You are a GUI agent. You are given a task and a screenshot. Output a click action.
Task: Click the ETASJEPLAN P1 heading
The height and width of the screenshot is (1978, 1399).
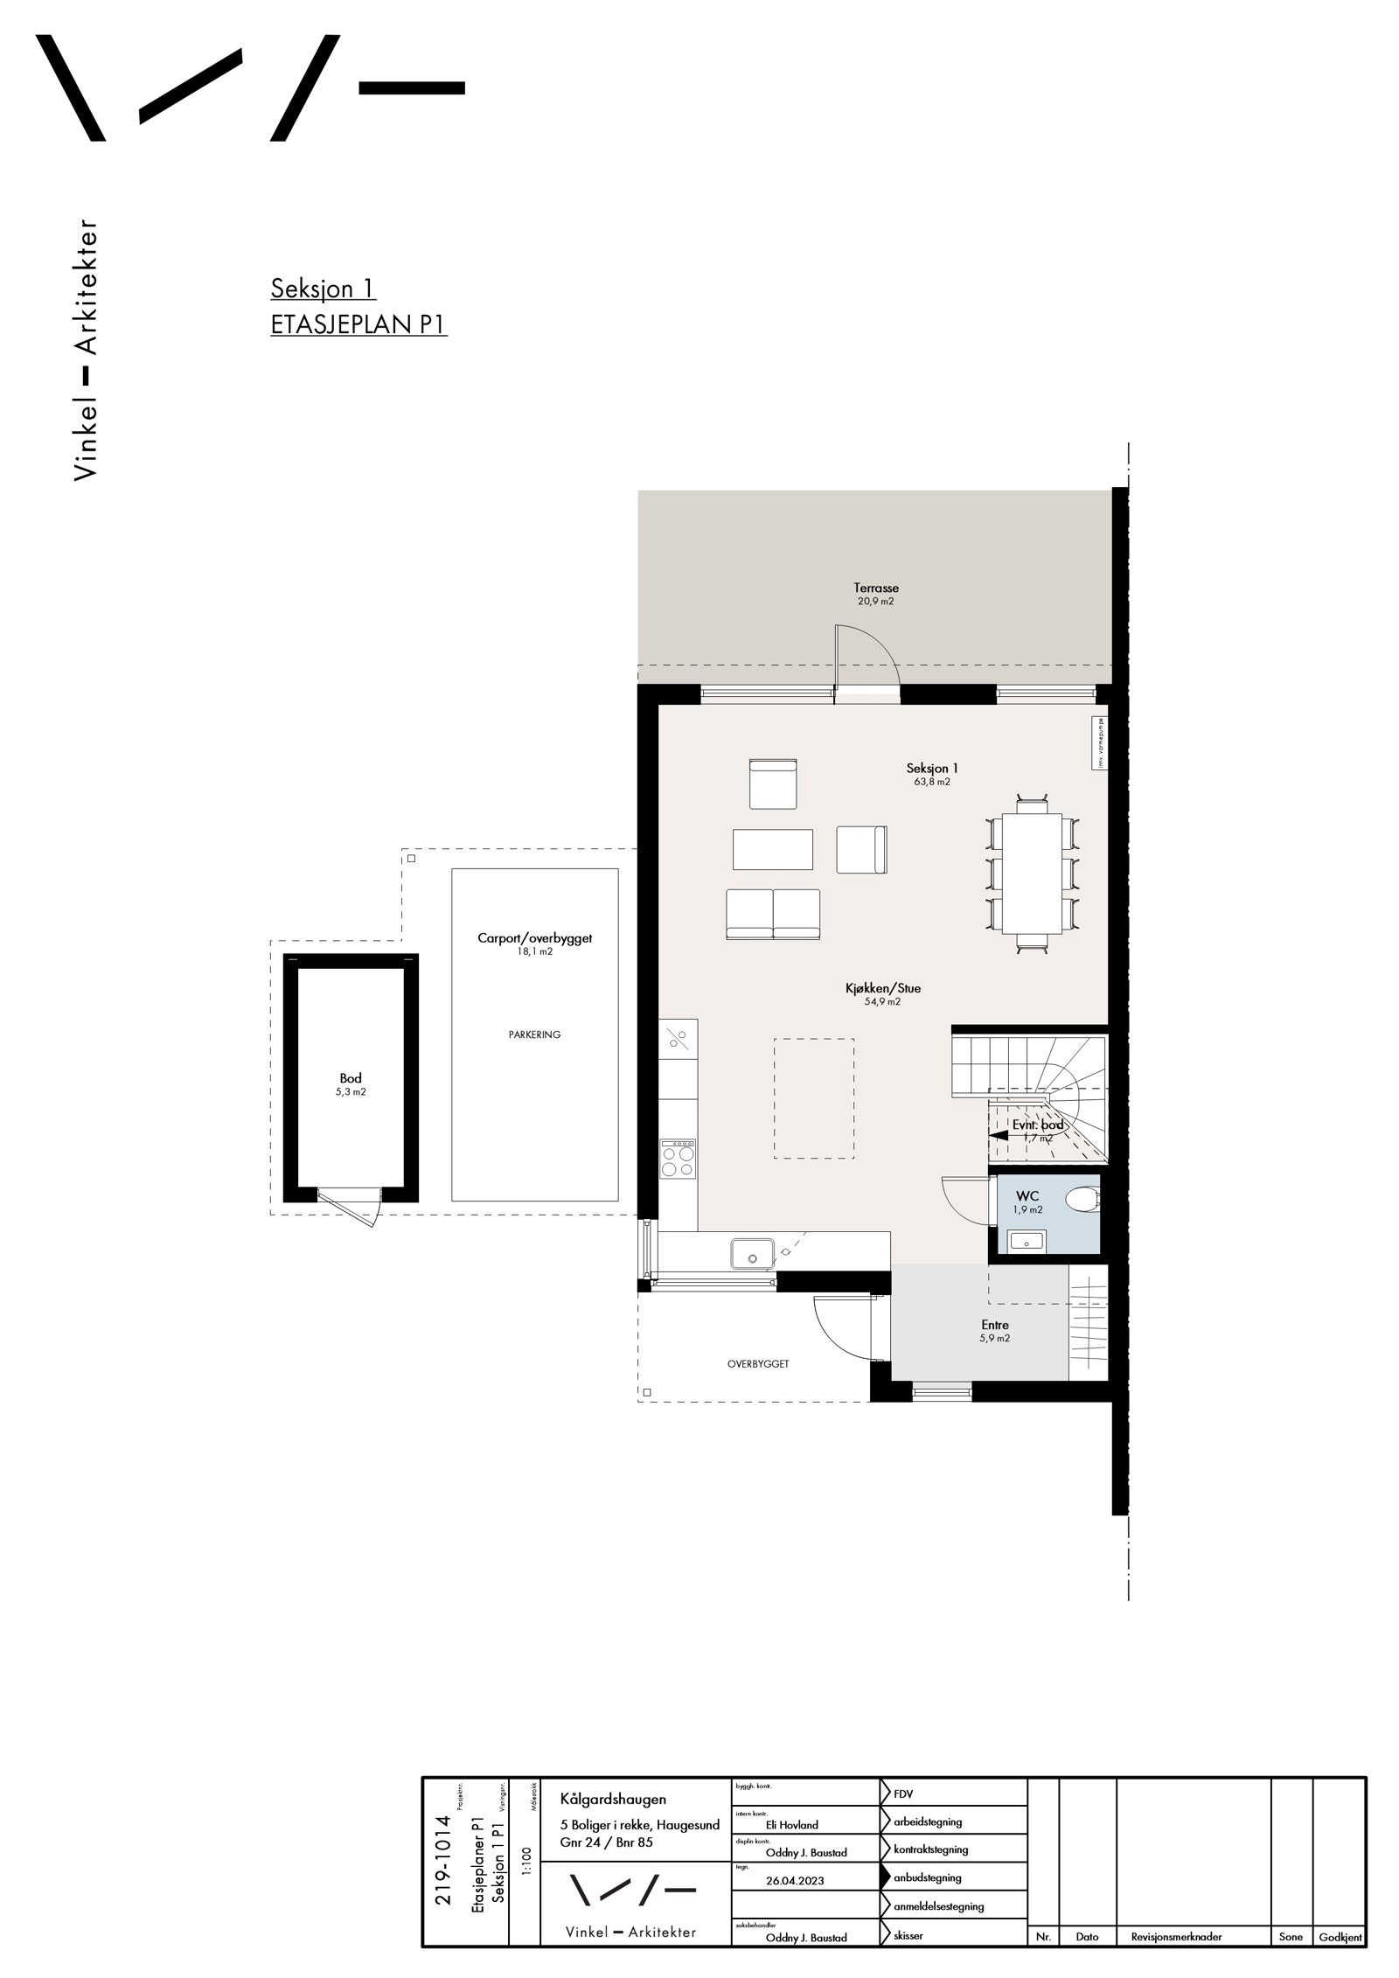[358, 324]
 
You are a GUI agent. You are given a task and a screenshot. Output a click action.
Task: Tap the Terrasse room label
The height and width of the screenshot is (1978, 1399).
[875, 589]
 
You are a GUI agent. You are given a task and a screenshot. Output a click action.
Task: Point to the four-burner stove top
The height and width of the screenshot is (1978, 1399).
[678, 1160]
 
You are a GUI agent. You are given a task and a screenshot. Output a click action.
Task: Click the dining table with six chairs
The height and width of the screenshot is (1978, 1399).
[1032, 873]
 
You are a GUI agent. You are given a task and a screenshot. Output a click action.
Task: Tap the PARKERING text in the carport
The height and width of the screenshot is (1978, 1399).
[534, 1034]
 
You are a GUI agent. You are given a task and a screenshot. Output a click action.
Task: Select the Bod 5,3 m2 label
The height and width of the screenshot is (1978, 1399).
[351, 1084]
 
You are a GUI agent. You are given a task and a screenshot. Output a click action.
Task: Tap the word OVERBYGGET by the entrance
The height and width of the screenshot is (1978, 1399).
[758, 1363]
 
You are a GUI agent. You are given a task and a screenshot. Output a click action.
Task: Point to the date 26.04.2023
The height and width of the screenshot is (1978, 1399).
[794, 1880]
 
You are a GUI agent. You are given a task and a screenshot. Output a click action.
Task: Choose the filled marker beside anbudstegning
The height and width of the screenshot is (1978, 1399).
[886, 1877]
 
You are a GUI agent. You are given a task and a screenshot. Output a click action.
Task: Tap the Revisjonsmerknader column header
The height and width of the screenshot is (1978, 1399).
[1175, 1936]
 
